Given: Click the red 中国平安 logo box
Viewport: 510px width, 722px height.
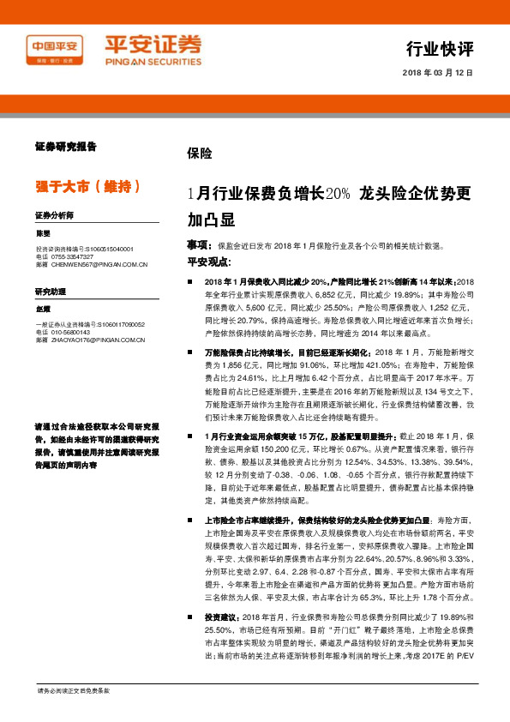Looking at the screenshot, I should click(x=55, y=47).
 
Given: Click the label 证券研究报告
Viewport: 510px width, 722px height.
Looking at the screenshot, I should click(x=65, y=147).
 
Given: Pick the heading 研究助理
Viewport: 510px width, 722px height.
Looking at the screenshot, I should click(x=49, y=292).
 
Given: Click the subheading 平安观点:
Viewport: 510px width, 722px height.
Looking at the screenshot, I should click(x=208, y=260).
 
